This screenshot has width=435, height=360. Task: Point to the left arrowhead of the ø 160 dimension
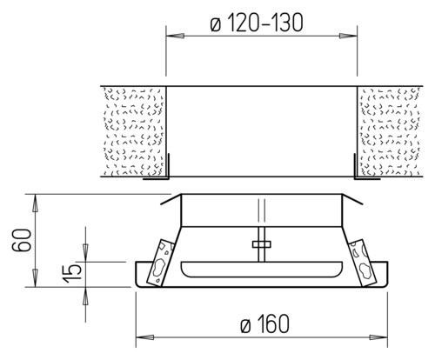142,337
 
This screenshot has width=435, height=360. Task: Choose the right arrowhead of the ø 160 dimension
379,337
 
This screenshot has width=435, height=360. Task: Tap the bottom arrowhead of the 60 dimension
35,283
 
